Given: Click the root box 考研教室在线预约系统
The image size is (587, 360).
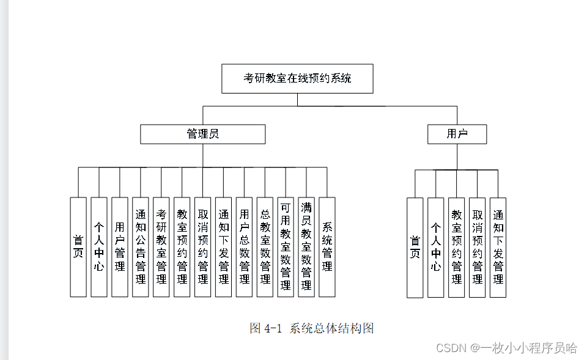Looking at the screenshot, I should click(297, 78).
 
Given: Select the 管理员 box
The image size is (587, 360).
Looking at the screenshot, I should click(202, 134).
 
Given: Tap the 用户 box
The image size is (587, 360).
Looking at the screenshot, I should click(457, 134).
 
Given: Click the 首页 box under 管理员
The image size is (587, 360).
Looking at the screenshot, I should click(78, 247).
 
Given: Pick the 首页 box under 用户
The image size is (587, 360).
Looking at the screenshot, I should click(415, 248).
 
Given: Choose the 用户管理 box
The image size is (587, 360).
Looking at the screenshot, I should click(120, 247).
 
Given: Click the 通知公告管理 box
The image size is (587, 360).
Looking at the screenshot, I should click(141, 247).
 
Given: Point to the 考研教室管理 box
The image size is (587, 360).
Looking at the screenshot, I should click(161, 247).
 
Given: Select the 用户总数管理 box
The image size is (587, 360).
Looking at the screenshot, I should click(244, 247).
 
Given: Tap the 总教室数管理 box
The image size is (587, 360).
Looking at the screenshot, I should click(265, 247).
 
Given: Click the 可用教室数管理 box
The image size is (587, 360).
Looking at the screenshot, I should click(286, 247).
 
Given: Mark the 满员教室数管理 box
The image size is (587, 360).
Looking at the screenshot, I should click(306, 247).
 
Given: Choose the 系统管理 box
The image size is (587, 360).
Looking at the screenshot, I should click(327, 247).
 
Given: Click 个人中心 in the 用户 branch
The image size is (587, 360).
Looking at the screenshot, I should click(436, 248).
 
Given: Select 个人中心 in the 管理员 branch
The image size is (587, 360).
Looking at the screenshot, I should click(99, 247).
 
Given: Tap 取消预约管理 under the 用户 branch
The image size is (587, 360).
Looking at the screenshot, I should click(478, 248).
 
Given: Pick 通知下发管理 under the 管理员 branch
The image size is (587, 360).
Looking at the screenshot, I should click(224, 247).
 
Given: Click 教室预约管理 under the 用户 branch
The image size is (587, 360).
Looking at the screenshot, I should click(457, 248).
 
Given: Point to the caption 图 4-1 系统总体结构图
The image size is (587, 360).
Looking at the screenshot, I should click(311, 328).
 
